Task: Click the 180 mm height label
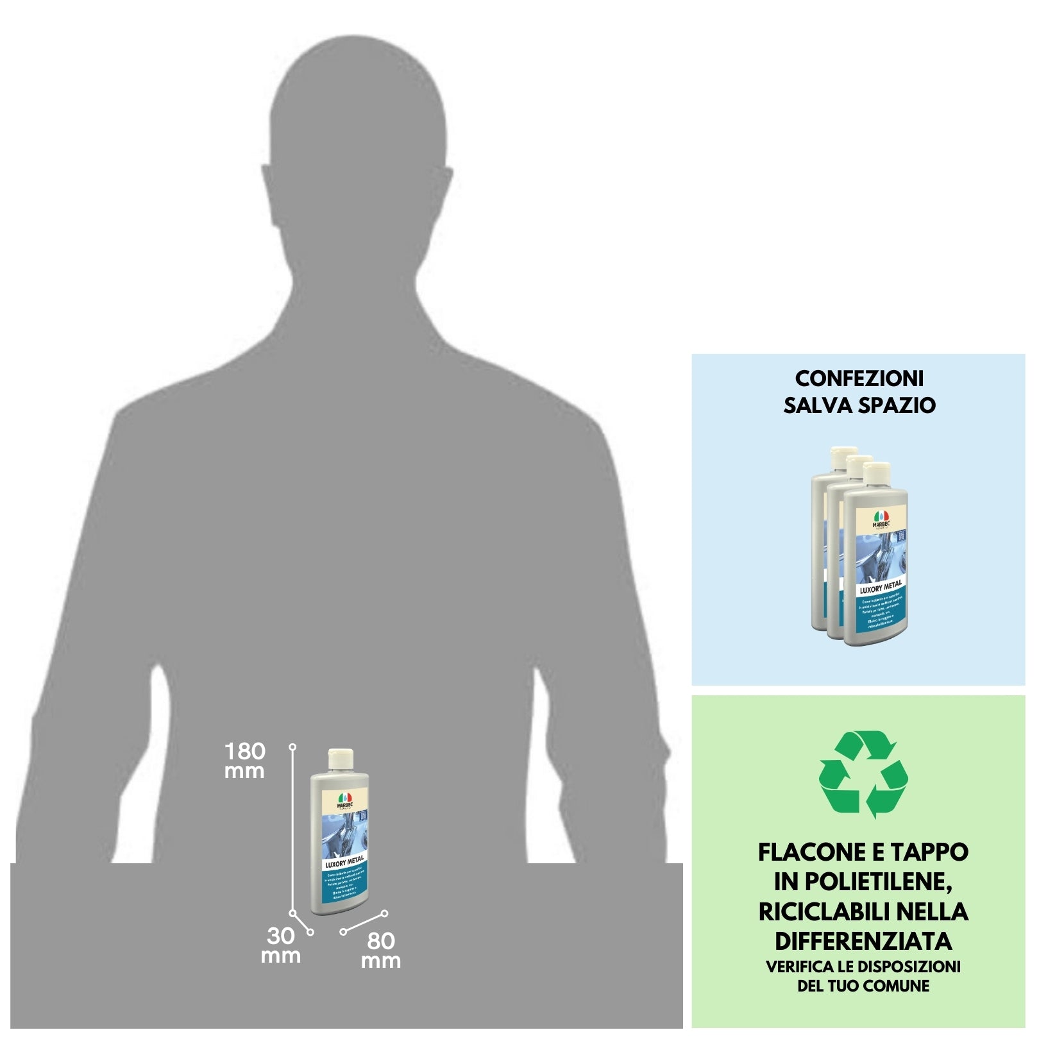[x=244, y=760]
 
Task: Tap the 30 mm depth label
[x=281, y=945]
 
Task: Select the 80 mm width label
[x=381, y=950]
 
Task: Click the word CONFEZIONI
[x=859, y=378]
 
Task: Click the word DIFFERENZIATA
[x=863, y=941]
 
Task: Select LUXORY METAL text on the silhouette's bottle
[x=344, y=861]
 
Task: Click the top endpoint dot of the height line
[x=292, y=747]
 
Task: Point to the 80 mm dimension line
[x=364, y=922]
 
